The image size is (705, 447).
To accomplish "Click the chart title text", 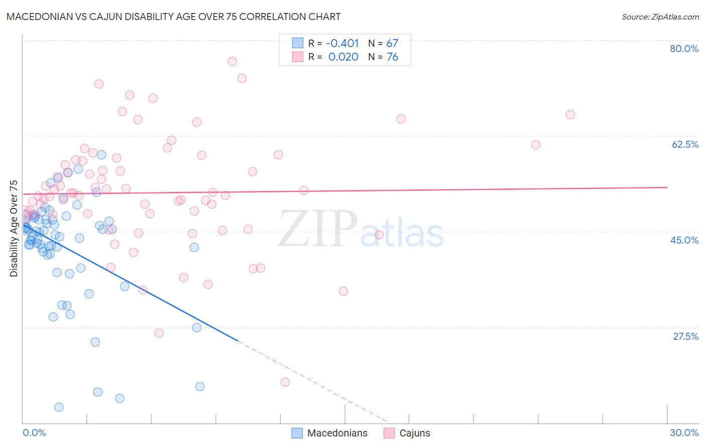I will coord(173,17).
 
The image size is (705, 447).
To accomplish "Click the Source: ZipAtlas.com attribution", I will coord(660,17).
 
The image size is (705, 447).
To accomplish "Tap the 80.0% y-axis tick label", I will coord(684,49).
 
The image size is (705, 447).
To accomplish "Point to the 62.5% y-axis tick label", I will coord(685,144).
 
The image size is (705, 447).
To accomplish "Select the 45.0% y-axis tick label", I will coord(684,240).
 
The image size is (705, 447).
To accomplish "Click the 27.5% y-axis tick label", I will coord(685,336).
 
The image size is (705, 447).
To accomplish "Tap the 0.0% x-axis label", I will coord(34,432).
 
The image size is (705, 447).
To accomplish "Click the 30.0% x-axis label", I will coord(684,432).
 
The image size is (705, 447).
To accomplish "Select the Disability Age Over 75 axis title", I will coord(14,228).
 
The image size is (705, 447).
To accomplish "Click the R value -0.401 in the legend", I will coord(342,44).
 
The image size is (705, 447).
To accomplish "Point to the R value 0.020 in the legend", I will coord(343,57).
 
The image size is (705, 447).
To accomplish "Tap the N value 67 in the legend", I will coord(392,44).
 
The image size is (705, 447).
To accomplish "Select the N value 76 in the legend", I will coord(392,57).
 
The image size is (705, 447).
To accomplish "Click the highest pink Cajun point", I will coord(232,61).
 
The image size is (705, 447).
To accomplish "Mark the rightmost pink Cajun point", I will coord(570,115).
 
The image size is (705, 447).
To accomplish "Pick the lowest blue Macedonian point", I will coord(59,407).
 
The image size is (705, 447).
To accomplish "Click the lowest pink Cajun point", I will coord(285,382).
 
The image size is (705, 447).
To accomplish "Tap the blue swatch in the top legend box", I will coord(298,44).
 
